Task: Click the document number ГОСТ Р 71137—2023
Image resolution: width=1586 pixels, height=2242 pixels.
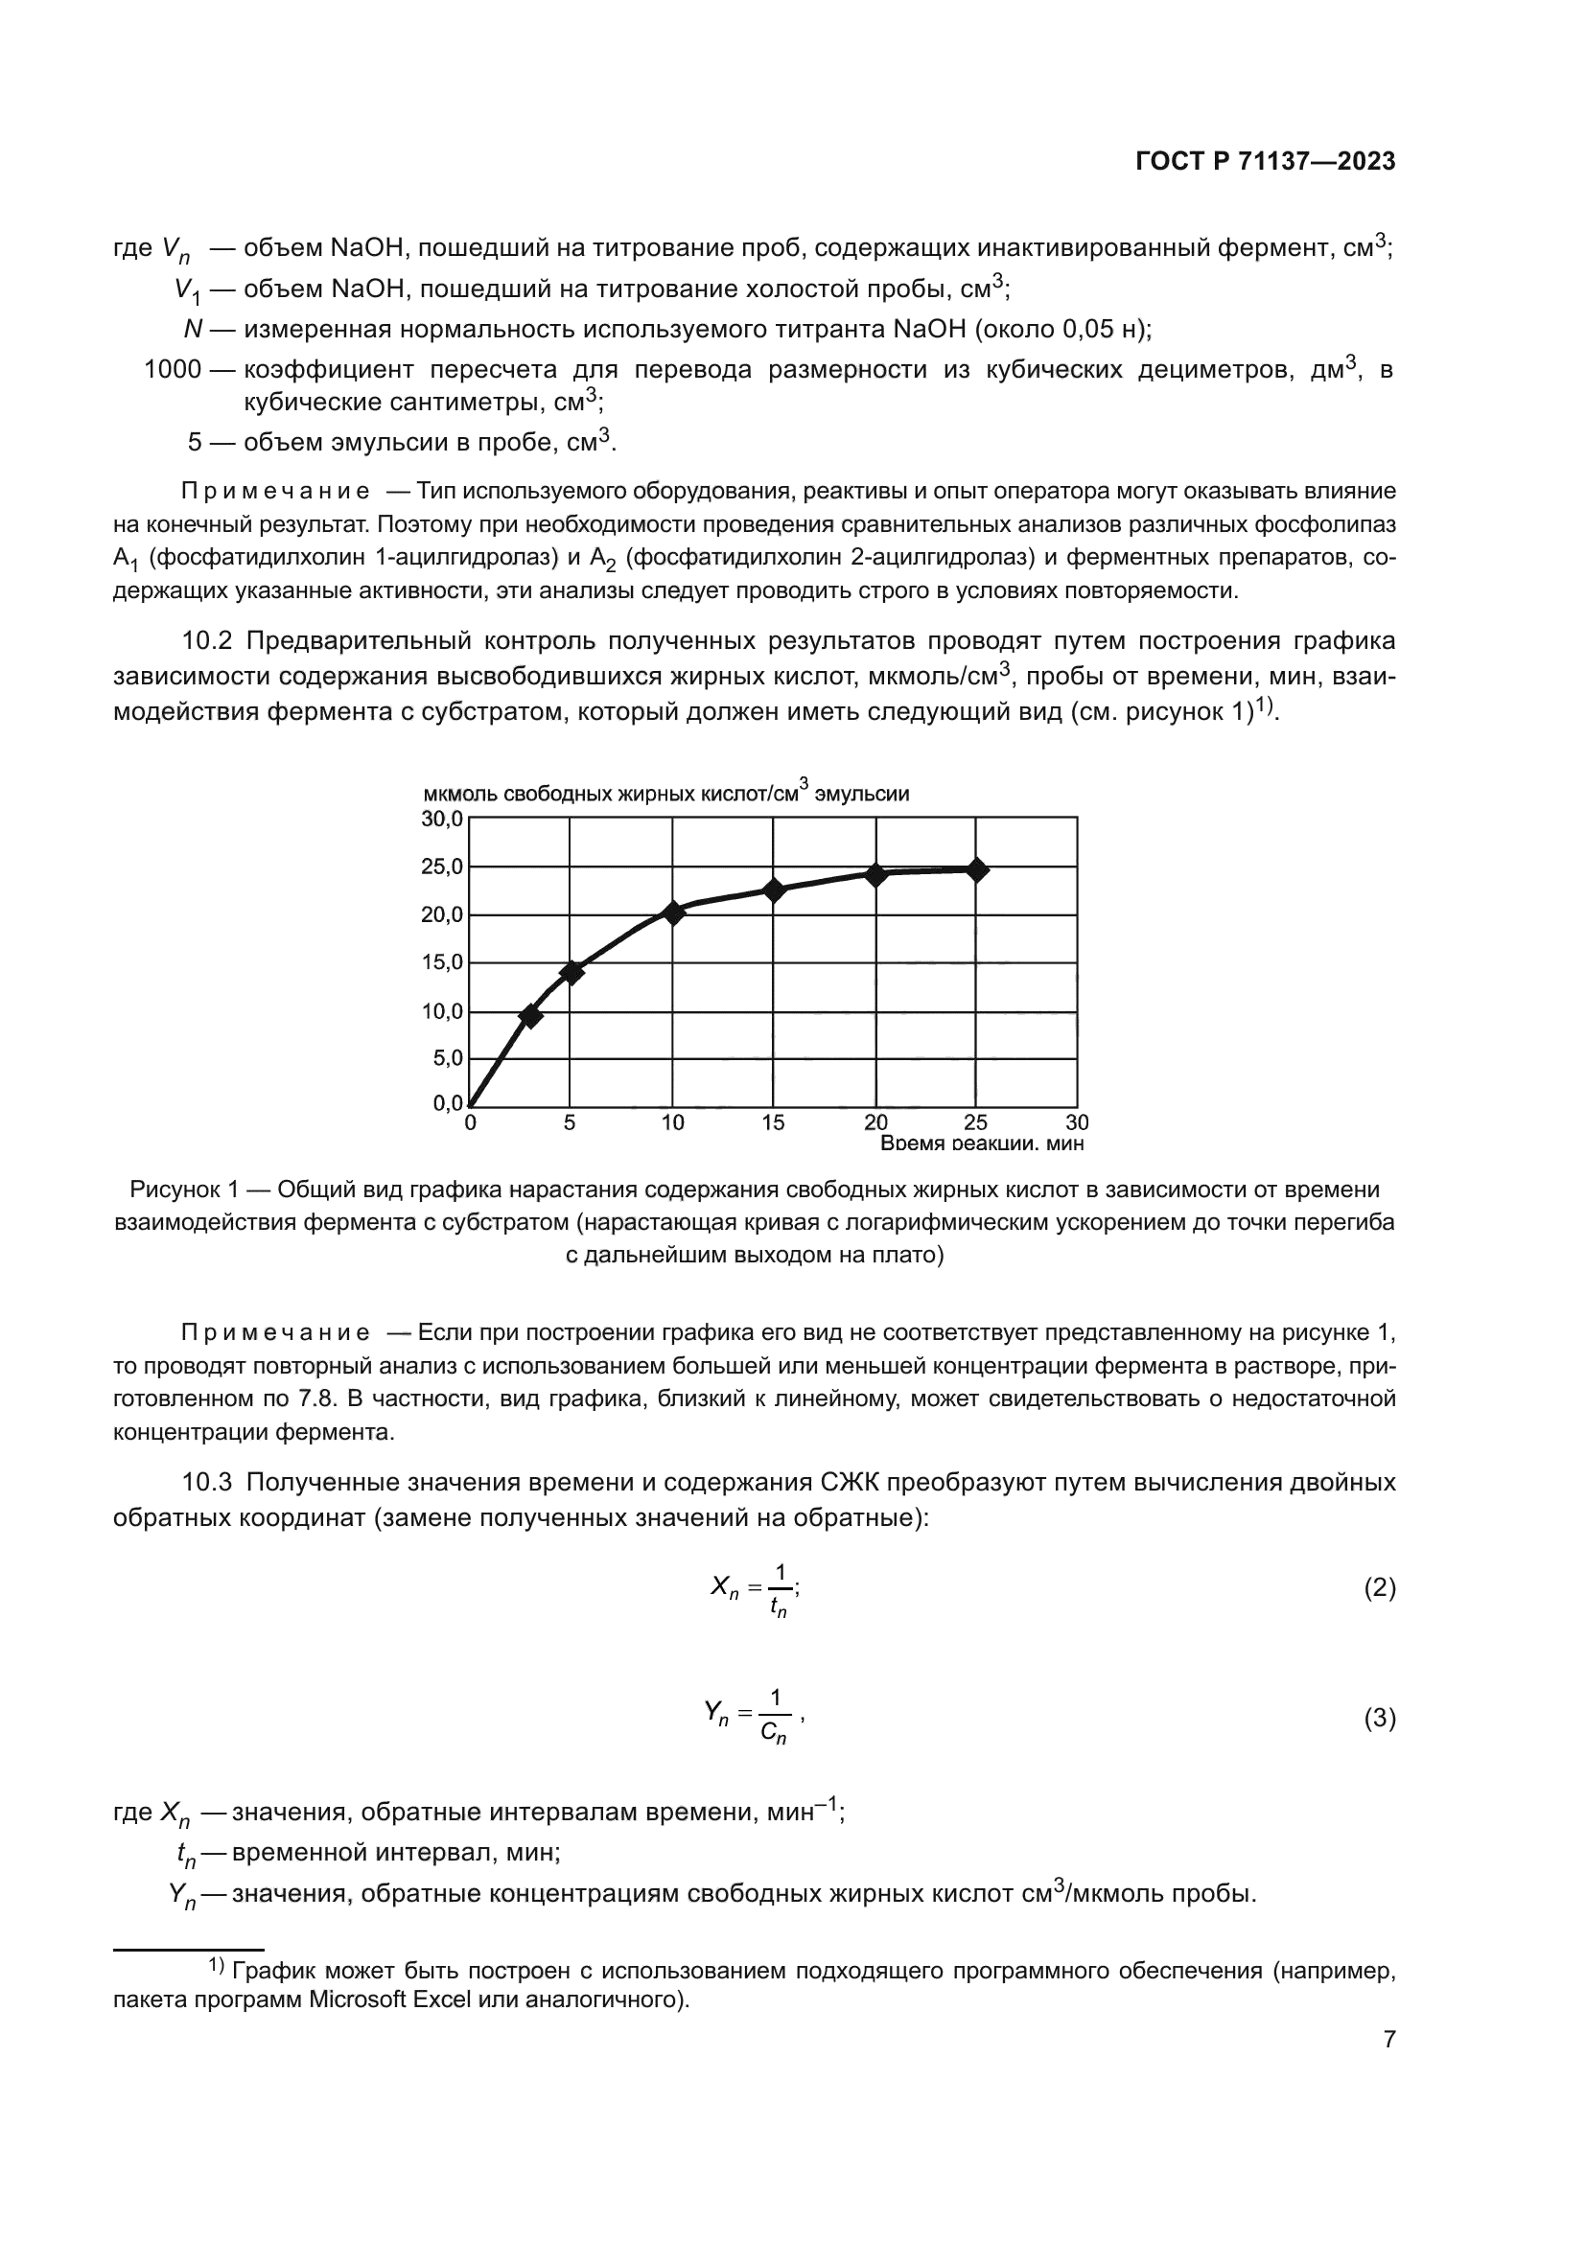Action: (1265, 162)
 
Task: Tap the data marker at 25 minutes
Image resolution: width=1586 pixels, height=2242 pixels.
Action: (975, 870)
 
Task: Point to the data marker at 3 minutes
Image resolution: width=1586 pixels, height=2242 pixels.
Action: (530, 1016)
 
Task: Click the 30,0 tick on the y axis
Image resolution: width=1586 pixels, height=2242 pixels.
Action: (441, 820)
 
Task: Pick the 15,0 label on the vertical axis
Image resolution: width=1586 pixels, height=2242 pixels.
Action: (441, 962)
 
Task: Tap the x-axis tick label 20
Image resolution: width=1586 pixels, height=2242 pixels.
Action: (875, 1123)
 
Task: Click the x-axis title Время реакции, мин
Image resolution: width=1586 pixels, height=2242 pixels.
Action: (982, 1143)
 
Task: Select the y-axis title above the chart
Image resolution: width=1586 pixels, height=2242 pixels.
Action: (665, 793)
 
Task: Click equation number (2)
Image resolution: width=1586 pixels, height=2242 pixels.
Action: (1379, 1588)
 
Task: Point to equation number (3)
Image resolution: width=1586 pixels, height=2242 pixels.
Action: (1379, 1719)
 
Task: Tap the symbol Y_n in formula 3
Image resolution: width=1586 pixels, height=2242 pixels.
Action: (716, 1715)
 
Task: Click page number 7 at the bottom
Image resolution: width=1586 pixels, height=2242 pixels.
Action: (1388, 2040)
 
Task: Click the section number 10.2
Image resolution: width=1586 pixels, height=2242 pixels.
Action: (207, 641)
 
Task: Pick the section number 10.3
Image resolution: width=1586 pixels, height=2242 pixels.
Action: (207, 1482)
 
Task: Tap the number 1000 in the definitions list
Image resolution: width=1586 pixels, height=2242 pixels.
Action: (172, 370)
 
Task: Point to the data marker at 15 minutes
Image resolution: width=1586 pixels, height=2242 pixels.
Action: (774, 890)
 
